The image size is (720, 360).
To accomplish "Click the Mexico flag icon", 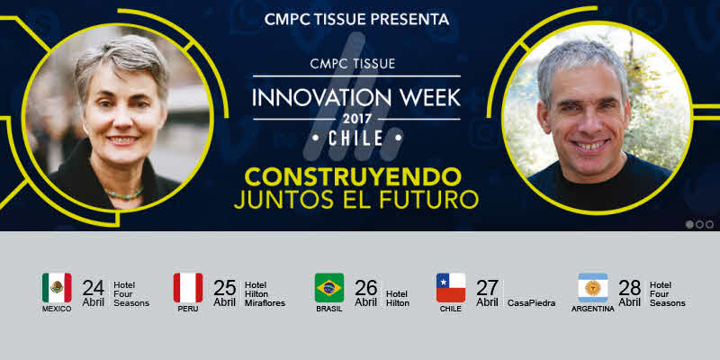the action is (x=57, y=288).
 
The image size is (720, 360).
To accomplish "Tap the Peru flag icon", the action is (x=188, y=288).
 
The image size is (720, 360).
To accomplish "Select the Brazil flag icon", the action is (x=329, y=288).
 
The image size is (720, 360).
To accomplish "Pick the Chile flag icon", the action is (x=451, y=288).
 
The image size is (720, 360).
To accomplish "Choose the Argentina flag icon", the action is (x=593, y=288).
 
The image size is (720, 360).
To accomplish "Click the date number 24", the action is (x=94, y=288).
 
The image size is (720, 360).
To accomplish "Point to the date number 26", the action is (x=365, y=288).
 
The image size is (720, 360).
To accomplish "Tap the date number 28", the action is (x=629, y=288).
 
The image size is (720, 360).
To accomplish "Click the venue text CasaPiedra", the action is (x=531, y=303).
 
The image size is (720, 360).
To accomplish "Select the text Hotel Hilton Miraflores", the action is (x=265, y=294).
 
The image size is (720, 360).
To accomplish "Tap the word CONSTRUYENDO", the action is (x=353, y=176).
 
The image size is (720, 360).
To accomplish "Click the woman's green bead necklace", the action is (x=123, y=194).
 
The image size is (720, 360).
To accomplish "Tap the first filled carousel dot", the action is (x=689, y=224).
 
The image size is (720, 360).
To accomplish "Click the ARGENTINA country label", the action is (x=593, y=309).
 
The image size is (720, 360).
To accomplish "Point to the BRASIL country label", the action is (x=329, y=309).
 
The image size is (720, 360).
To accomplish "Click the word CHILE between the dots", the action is (x=356, y=139).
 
